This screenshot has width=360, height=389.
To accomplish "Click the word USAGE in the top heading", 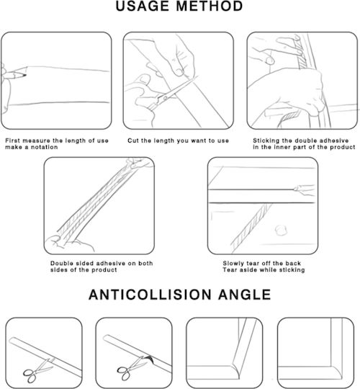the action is click(143, 6).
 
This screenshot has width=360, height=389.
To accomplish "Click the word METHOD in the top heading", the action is click(210, 6).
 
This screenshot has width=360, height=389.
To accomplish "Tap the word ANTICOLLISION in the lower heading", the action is click(150, 295).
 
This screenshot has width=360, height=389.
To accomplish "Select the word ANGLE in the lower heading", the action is click(245, 295).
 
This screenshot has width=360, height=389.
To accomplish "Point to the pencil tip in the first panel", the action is click(25, 75).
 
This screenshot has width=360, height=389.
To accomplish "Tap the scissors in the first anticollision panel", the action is click(38, 370).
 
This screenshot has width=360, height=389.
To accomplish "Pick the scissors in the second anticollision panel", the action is click(132, 369).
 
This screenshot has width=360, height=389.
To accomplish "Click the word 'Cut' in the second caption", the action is click(133, 140).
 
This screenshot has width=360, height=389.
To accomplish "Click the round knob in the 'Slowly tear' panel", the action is click(281, 231).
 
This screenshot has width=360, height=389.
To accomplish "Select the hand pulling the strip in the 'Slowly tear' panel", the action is click(304, 189).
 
